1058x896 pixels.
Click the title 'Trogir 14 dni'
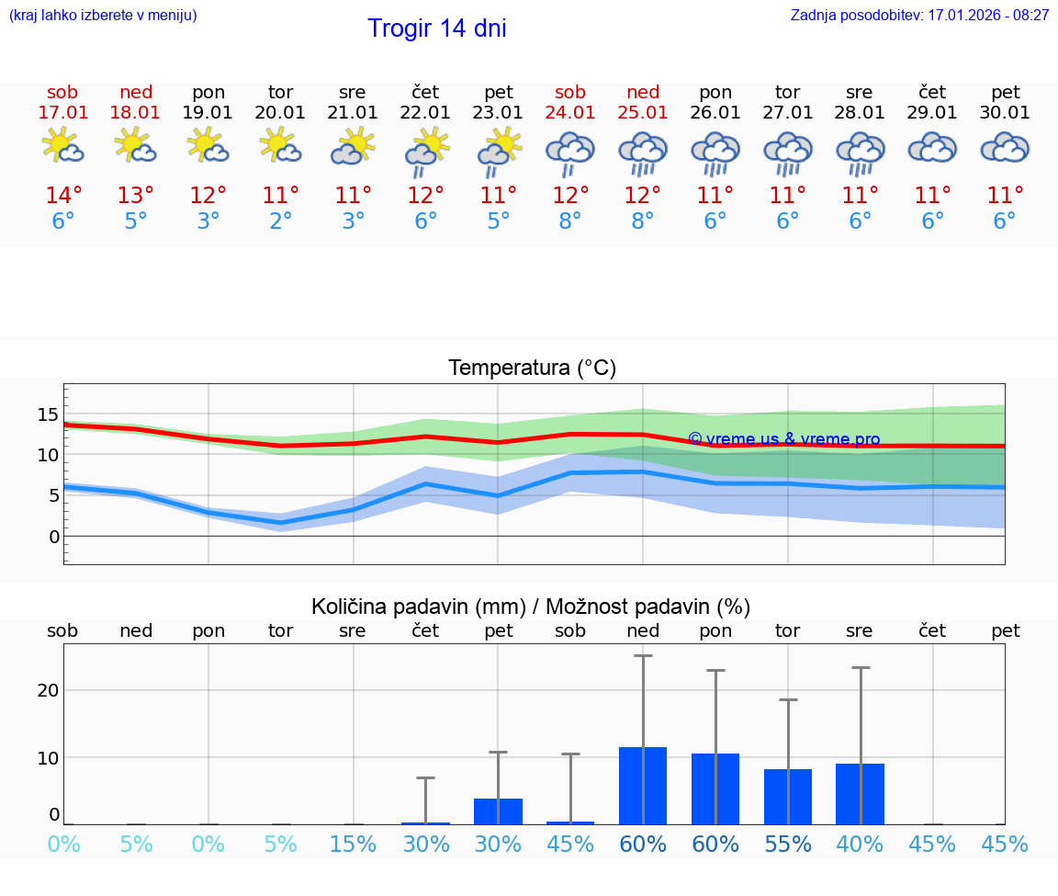[436, 28]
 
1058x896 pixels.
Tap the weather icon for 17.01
[62, 146]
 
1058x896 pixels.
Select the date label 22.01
[425, 113]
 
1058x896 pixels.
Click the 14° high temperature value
[63, 196]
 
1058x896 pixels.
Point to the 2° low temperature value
[281, 221]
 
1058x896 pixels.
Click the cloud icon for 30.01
[1005, 148]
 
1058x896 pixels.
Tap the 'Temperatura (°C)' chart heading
[532, 369]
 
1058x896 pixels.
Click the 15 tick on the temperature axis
[48, 414]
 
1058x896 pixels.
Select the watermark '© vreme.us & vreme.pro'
[783, 439]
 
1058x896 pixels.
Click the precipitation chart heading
[531, 607]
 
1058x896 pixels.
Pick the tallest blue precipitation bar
[643, 786]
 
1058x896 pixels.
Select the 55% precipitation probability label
[788, 845]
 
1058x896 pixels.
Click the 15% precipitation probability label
[353, 845]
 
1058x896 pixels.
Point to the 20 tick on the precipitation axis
[48, 690]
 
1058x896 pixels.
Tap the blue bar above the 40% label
[861, 794]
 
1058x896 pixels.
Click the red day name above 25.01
[643, 92]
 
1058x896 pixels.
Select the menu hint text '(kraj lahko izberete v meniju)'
[103, 16]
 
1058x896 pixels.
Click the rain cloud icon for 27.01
[788, 153]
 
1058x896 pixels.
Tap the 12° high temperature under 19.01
[208, 196]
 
